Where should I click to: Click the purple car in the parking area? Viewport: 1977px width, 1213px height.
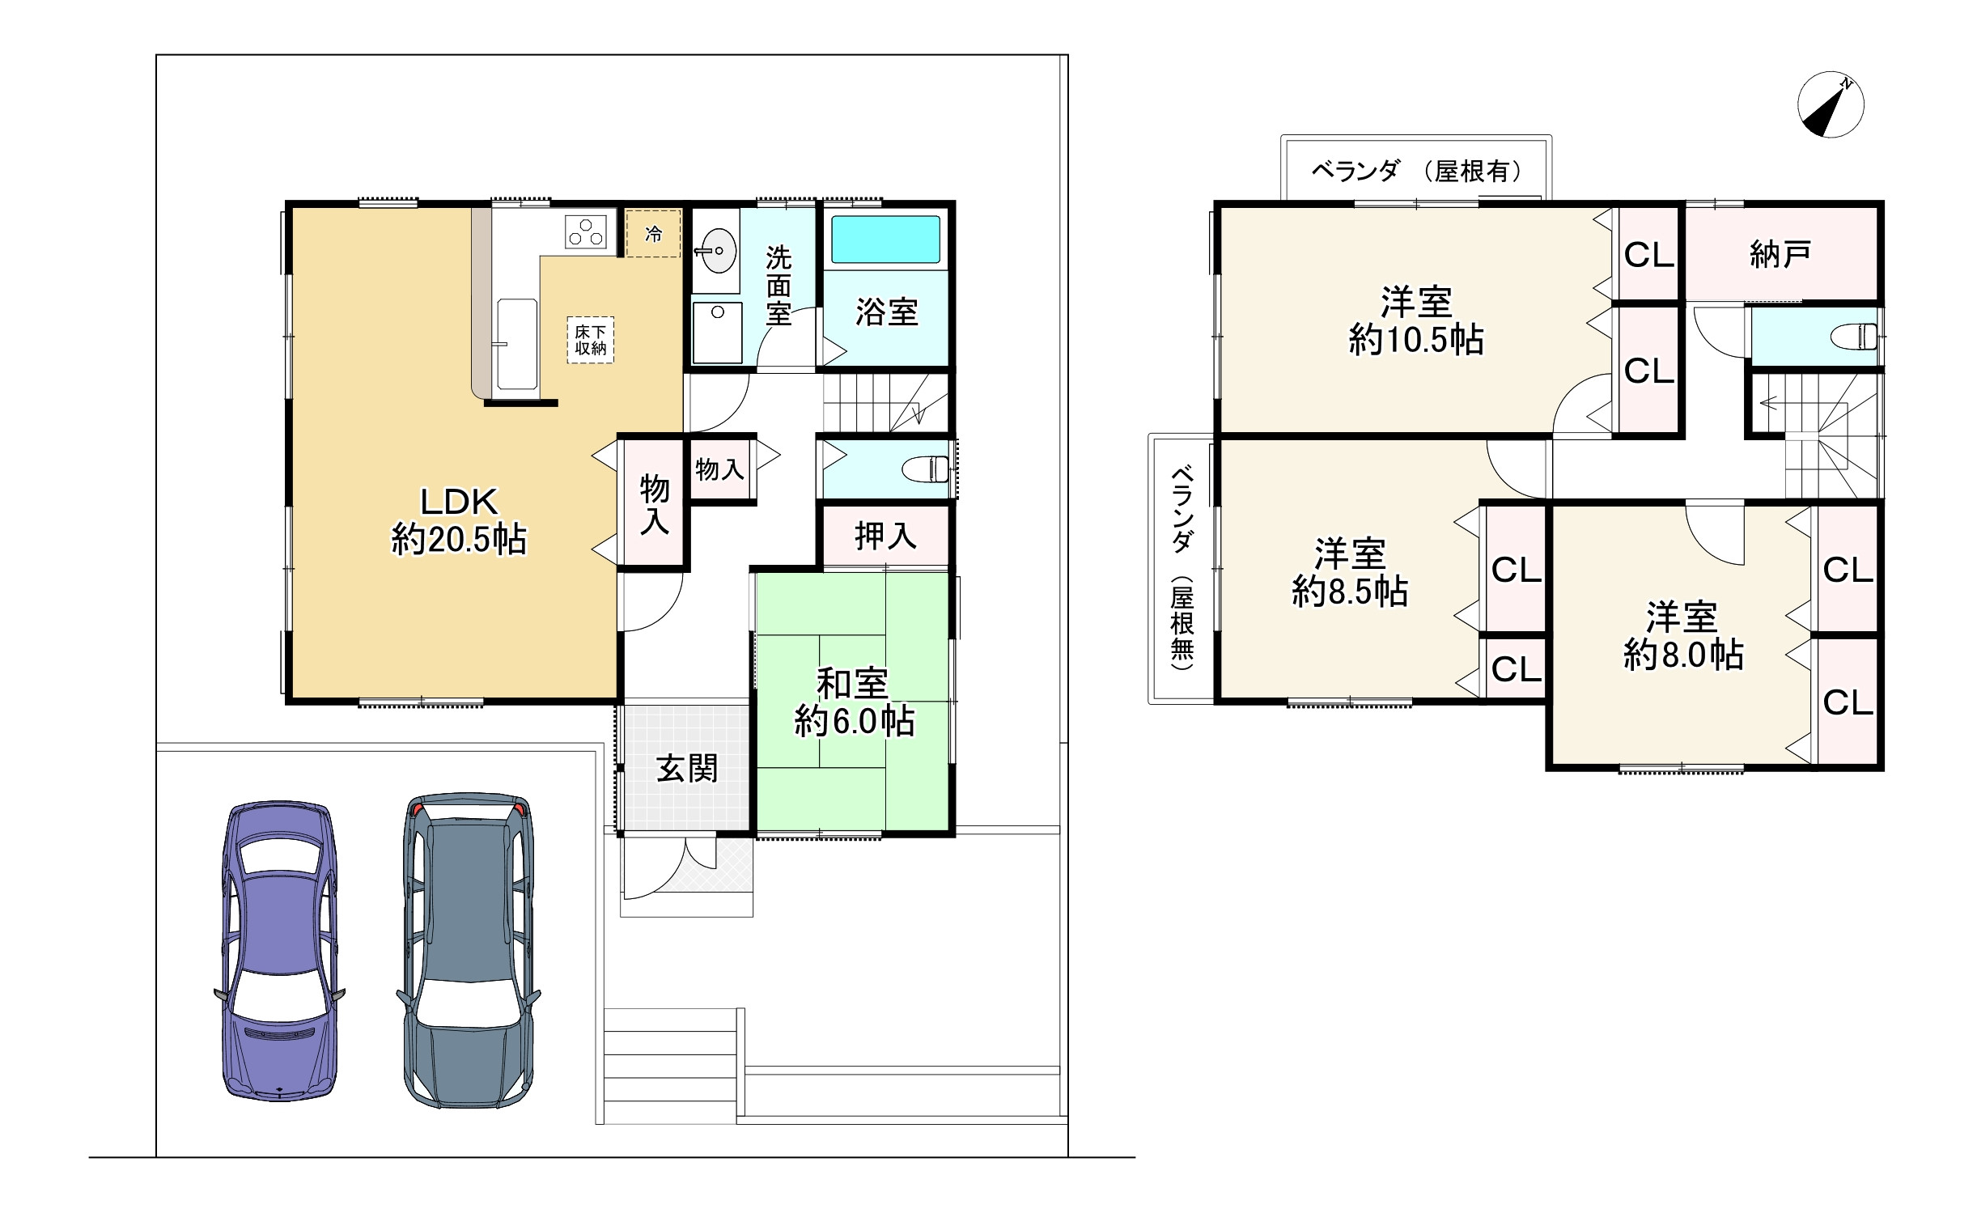tap(279, 951)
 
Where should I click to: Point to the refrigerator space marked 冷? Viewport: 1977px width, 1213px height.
tap(653, 233)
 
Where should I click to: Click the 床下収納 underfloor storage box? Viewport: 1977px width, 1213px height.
tap(591, 340)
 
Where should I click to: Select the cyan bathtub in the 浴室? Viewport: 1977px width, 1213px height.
tap(886, 239)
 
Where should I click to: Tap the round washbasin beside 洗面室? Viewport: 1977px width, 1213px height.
tap(717, 251)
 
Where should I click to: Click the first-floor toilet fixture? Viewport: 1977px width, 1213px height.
tap(927, 469)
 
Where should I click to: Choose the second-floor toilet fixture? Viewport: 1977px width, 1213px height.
tap(1856, 335)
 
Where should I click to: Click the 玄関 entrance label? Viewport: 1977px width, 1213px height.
tap(687, 769)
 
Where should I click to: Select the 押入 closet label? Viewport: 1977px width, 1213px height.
tap(886, 536)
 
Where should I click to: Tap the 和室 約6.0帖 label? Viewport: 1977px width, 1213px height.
tap(854, 702)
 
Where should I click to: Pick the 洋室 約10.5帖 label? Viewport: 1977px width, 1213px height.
tap(1416, 321)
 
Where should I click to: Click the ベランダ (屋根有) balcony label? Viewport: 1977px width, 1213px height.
tap(1416, 171)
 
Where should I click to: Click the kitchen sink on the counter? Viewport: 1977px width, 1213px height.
tap(516, 344)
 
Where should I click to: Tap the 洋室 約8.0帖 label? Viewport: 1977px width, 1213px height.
tap(1683, 636)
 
